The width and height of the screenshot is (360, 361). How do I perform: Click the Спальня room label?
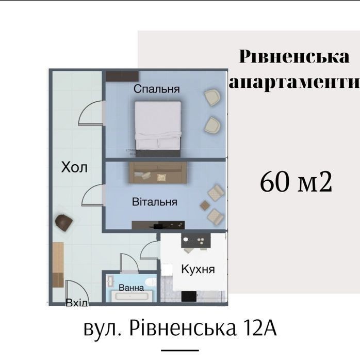click(x=157, y=89)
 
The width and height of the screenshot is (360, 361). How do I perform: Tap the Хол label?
click(x=74, y=167)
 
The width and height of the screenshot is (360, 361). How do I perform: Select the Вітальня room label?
click(x=155, y=202)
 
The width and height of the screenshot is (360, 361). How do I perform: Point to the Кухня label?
click(x=198, y=269)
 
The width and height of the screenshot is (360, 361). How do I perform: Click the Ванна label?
click(x=132, y=288)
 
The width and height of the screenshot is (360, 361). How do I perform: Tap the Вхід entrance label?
click(x=77, y=303)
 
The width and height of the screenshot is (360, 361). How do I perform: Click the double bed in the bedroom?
click(x=158, y=129)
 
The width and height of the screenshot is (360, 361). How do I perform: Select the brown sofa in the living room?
click(x=158, y=172)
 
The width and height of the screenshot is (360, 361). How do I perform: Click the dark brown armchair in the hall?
click(x=64, y=222)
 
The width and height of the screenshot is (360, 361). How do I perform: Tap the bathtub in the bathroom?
click(x=132, y=296)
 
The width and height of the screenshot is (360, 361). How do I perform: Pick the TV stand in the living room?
click(x=158, y=225)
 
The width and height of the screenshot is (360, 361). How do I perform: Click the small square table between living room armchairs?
click(x=205, y=205)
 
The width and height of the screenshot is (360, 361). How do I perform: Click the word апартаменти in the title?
click(x=294, y=82)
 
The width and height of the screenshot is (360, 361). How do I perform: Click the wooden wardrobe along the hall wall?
click(x=58, y=264)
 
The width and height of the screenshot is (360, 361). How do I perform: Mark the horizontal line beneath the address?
click(x=180, y=350)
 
